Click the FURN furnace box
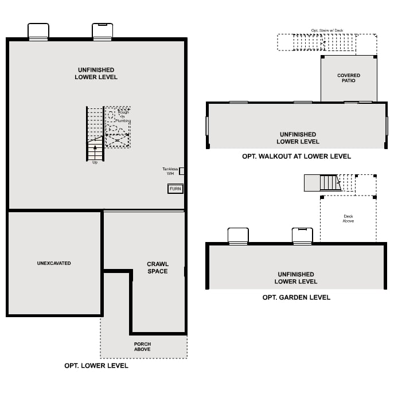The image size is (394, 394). pos(175,189)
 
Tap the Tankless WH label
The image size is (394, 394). pos(170,171)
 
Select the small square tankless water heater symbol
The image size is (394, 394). pos(182,171)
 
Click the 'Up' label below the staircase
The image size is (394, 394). pos(95,162)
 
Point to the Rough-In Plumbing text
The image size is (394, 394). pos(123,116)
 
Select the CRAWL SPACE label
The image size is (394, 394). pos(158,268)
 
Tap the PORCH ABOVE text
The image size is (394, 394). pos(142,346)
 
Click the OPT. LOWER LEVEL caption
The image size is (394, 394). pos(96,365)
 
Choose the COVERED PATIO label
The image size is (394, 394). pos(349,78)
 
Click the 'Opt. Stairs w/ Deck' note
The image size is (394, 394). pos(327,30)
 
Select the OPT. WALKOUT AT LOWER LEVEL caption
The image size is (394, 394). pos(297,156)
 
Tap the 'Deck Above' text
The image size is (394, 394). pos(348,219)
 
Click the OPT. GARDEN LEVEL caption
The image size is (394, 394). pos(297,297)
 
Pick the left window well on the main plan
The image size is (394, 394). pos(38,31)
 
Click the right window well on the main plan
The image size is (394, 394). pos(103,31)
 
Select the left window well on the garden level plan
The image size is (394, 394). pos(238,236)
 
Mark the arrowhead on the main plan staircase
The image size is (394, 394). pos(95,147)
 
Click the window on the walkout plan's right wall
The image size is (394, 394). pos(387,126)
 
